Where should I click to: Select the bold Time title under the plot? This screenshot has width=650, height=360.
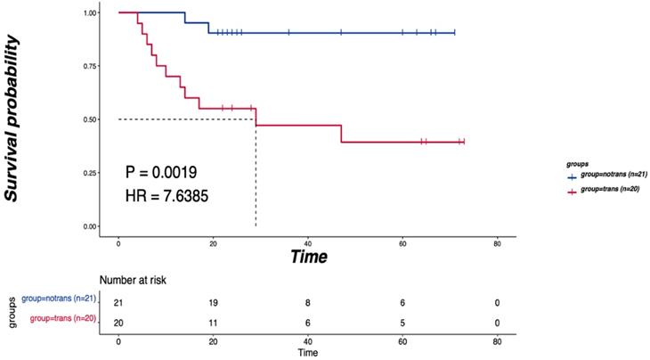307,257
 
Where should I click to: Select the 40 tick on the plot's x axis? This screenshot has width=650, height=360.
308,242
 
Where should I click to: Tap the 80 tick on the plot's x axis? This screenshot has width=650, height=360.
497,242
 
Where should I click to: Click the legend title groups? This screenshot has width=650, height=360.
576,165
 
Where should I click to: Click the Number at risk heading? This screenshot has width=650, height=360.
133,281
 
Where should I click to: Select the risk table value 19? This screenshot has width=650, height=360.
214,303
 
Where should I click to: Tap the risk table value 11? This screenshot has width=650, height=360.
214,319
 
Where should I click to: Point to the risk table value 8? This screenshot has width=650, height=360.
308,303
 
